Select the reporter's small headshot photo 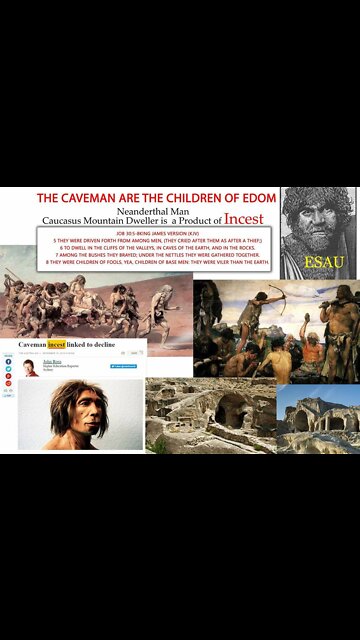click(31, 368)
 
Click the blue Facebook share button click(8, 361)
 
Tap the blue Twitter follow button click(123, 367)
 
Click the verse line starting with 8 click(158, 261)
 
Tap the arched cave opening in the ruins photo click(229, 408)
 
